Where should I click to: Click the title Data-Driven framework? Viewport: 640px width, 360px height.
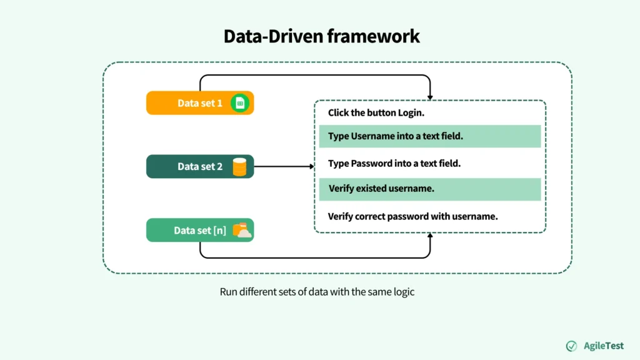(x=322, y=36)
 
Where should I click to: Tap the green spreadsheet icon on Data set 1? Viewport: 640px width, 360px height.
(x=239, y=103)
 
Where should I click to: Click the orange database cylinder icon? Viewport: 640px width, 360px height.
(x=239, y=167)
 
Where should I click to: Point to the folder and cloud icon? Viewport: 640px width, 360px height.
(x=241, y=231)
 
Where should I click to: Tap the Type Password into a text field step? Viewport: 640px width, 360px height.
(x=394, y=164)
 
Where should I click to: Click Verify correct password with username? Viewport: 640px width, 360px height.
(x=412, y=217)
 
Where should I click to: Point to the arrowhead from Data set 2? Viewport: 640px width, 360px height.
(x=311, y=167)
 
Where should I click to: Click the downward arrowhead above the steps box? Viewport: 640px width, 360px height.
(x=431, y=96)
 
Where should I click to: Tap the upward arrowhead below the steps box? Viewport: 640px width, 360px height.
(x=431, y=237)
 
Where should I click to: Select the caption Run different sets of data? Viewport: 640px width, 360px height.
(x=317, y=292)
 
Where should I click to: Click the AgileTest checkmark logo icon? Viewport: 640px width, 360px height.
(x=571, y=346)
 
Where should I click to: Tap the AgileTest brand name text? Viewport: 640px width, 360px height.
(x=603, y=346)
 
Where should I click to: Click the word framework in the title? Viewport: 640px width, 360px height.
(x=372, y=36)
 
